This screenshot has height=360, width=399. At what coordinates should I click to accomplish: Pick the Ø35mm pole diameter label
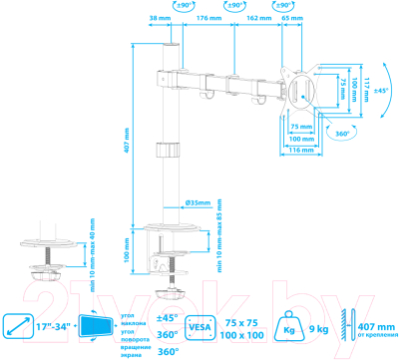click(x=196, y=202)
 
